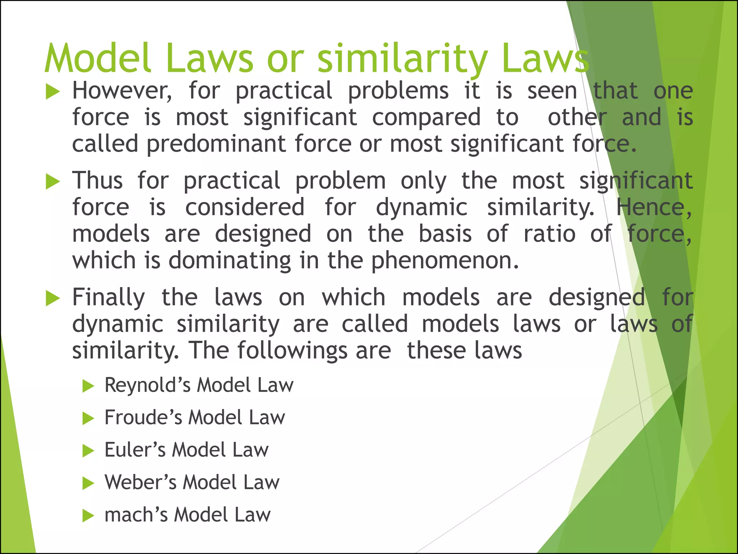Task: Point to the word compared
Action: pos(426,118)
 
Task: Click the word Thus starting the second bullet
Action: pos(97,180)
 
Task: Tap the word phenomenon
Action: pos(445,260)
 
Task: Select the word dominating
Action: pos(230,260)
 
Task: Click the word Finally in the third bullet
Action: pos(108,298)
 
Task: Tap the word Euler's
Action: pos(135,450)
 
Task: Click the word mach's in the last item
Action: pos(136,515)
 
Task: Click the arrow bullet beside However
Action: pos(53,92)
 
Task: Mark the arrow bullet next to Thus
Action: pos(53,182)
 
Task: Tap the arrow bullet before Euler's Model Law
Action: pos(88,451)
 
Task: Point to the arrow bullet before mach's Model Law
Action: pos(88,515)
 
